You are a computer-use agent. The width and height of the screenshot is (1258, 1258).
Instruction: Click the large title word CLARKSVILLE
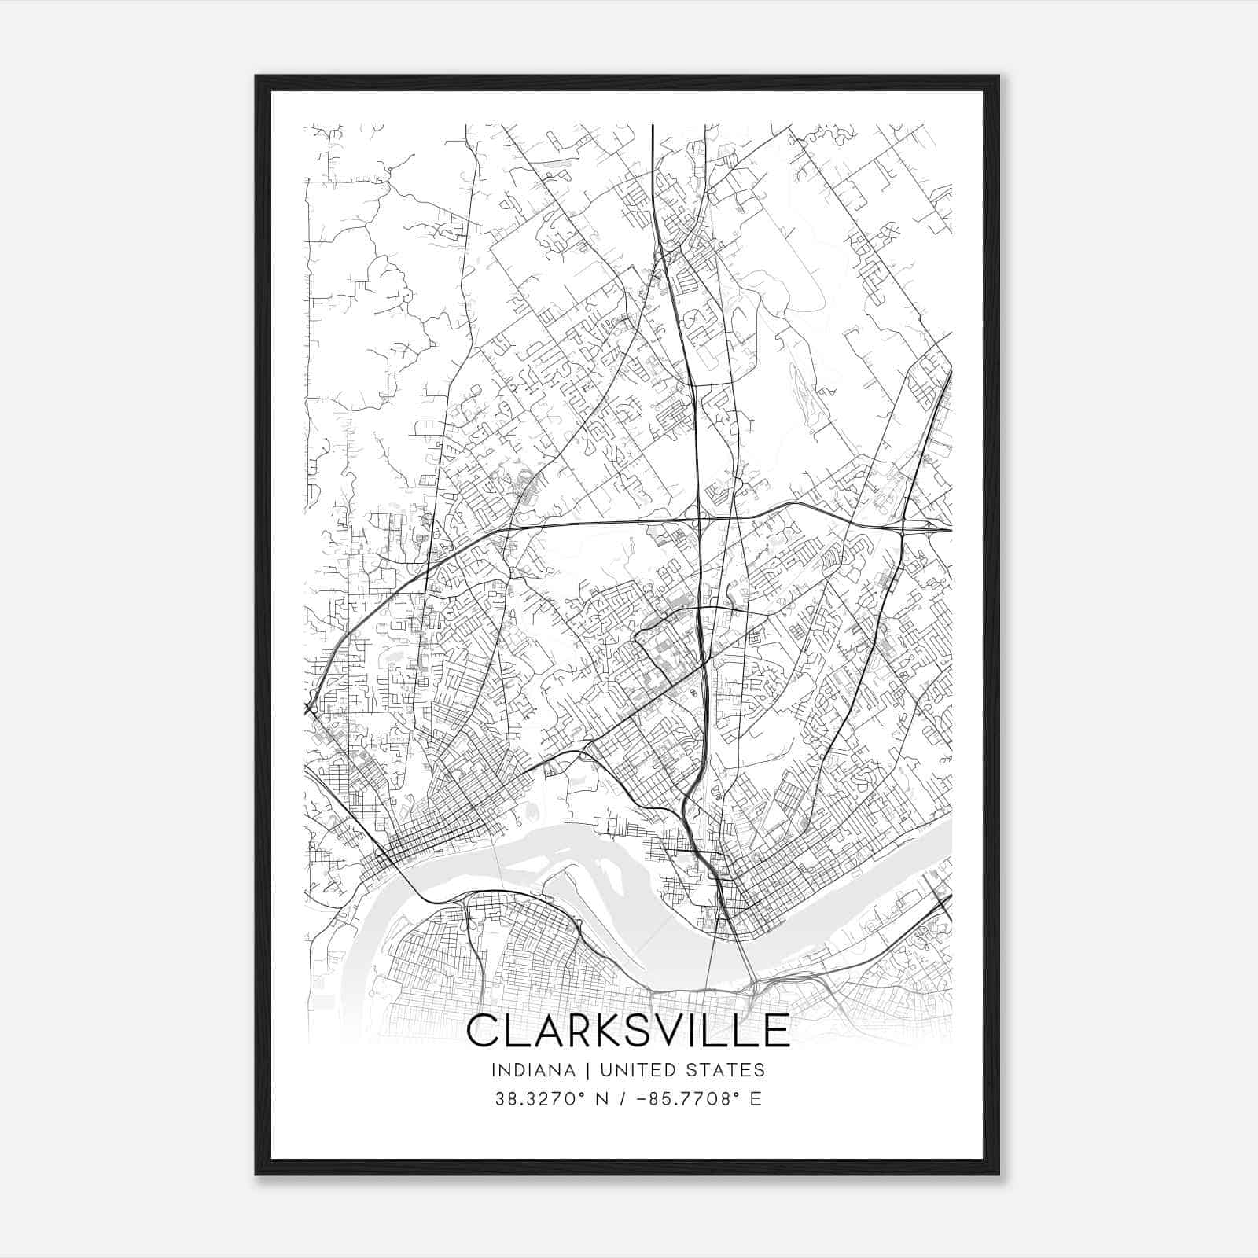point(627,1031)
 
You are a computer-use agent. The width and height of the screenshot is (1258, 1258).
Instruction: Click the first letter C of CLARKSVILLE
point(484,1031)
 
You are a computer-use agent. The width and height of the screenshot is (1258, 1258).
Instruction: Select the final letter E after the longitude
point(756,1099)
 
